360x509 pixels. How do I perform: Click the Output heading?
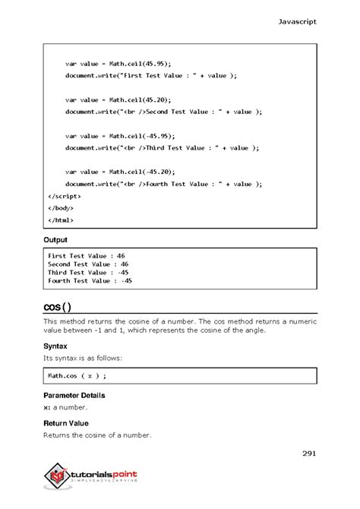pos(56,240)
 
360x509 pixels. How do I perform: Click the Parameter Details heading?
pos(74,396)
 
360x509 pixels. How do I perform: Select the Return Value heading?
pos(65,423)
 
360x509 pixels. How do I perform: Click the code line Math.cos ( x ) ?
pos(76,375)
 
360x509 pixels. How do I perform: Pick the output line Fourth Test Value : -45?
pos(90,280)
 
